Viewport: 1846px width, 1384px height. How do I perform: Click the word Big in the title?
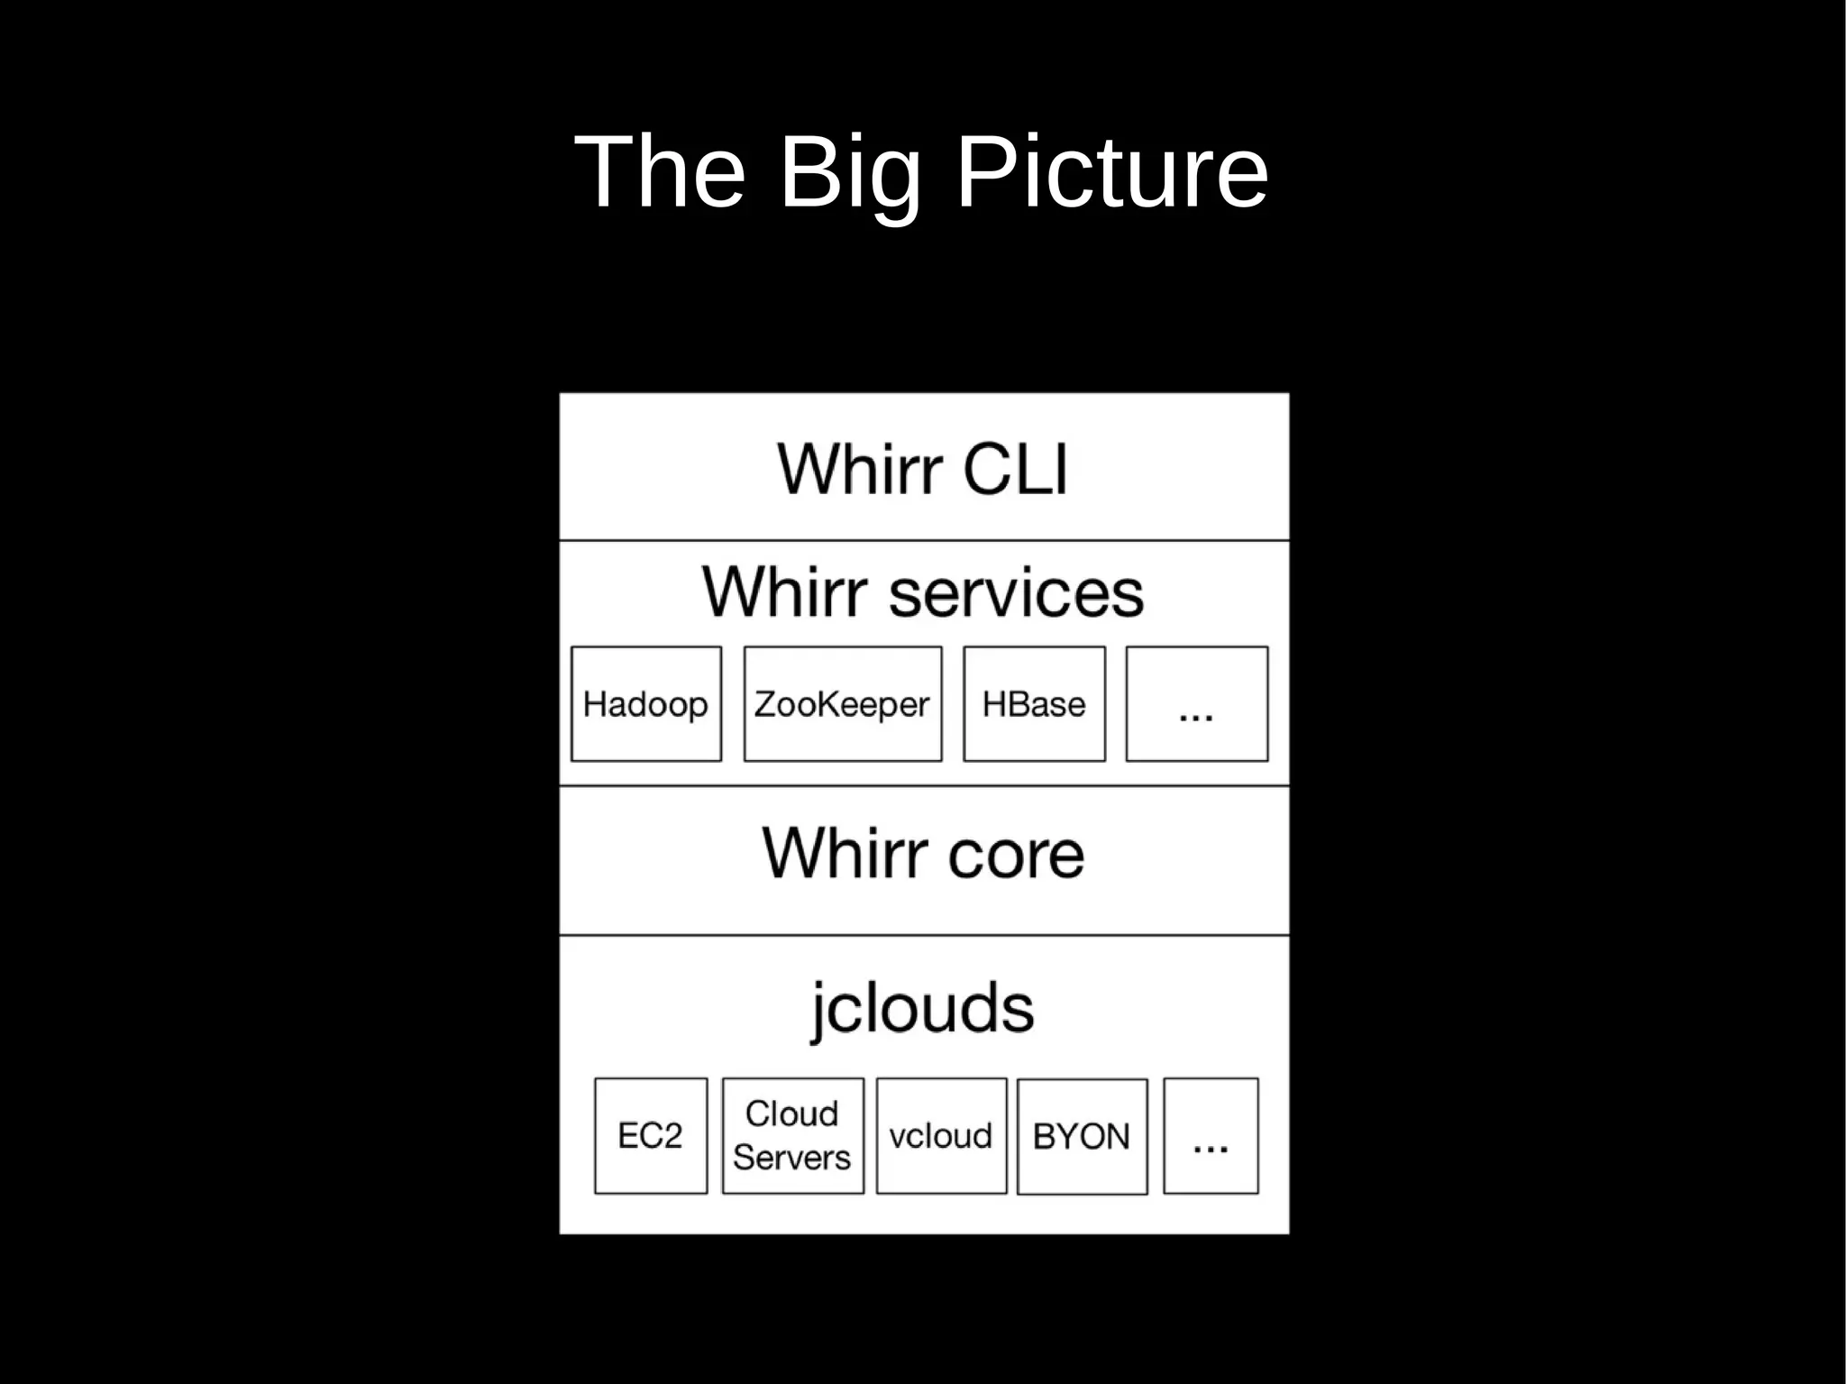(849, 172)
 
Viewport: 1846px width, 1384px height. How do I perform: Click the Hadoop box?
(645, 704)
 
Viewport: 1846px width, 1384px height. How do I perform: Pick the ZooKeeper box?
(842, 704)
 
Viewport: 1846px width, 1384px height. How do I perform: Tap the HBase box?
(1034, 704)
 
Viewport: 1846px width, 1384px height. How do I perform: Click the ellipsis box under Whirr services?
(1196, 704)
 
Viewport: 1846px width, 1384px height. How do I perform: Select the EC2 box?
(650, 1136)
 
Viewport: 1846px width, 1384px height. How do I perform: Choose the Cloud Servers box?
(792, 1136)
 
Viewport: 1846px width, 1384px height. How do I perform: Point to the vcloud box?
(941, 1136)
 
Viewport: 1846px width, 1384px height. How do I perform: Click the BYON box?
(1082, 1136)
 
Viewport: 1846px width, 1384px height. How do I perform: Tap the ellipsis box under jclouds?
(1211, 1136)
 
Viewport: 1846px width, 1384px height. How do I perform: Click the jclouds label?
(923, 1008)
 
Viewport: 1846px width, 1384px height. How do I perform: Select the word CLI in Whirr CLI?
(1015, 469)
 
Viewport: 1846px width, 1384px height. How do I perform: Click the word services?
(1016, 592)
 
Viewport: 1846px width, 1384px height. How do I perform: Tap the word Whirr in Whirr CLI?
(860, 469)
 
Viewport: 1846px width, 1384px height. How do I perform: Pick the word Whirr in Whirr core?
(844, 854)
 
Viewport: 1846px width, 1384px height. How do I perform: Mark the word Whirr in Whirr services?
(785, 592)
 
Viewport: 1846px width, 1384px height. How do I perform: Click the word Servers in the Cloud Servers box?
(791, 1158)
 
